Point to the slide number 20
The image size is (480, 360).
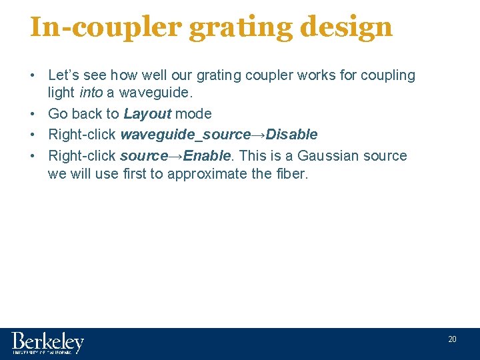pyautogui.click(x=452, y=339)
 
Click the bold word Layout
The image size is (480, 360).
pyautogui.click(x=147, y=113)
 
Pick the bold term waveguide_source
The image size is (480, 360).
pyautogui.click(x=185, y=135)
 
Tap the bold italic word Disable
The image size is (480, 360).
pyautogui.click(x=291, y=135)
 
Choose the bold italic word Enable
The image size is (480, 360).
pyautogui.click(x=207, y=156)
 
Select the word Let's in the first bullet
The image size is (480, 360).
pyautogui.click(x=65, y=75)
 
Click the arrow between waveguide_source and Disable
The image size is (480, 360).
pyautogui.click(x=258, y=135)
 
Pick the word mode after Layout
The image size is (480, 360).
pyautogui.click(x=193, y=113)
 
